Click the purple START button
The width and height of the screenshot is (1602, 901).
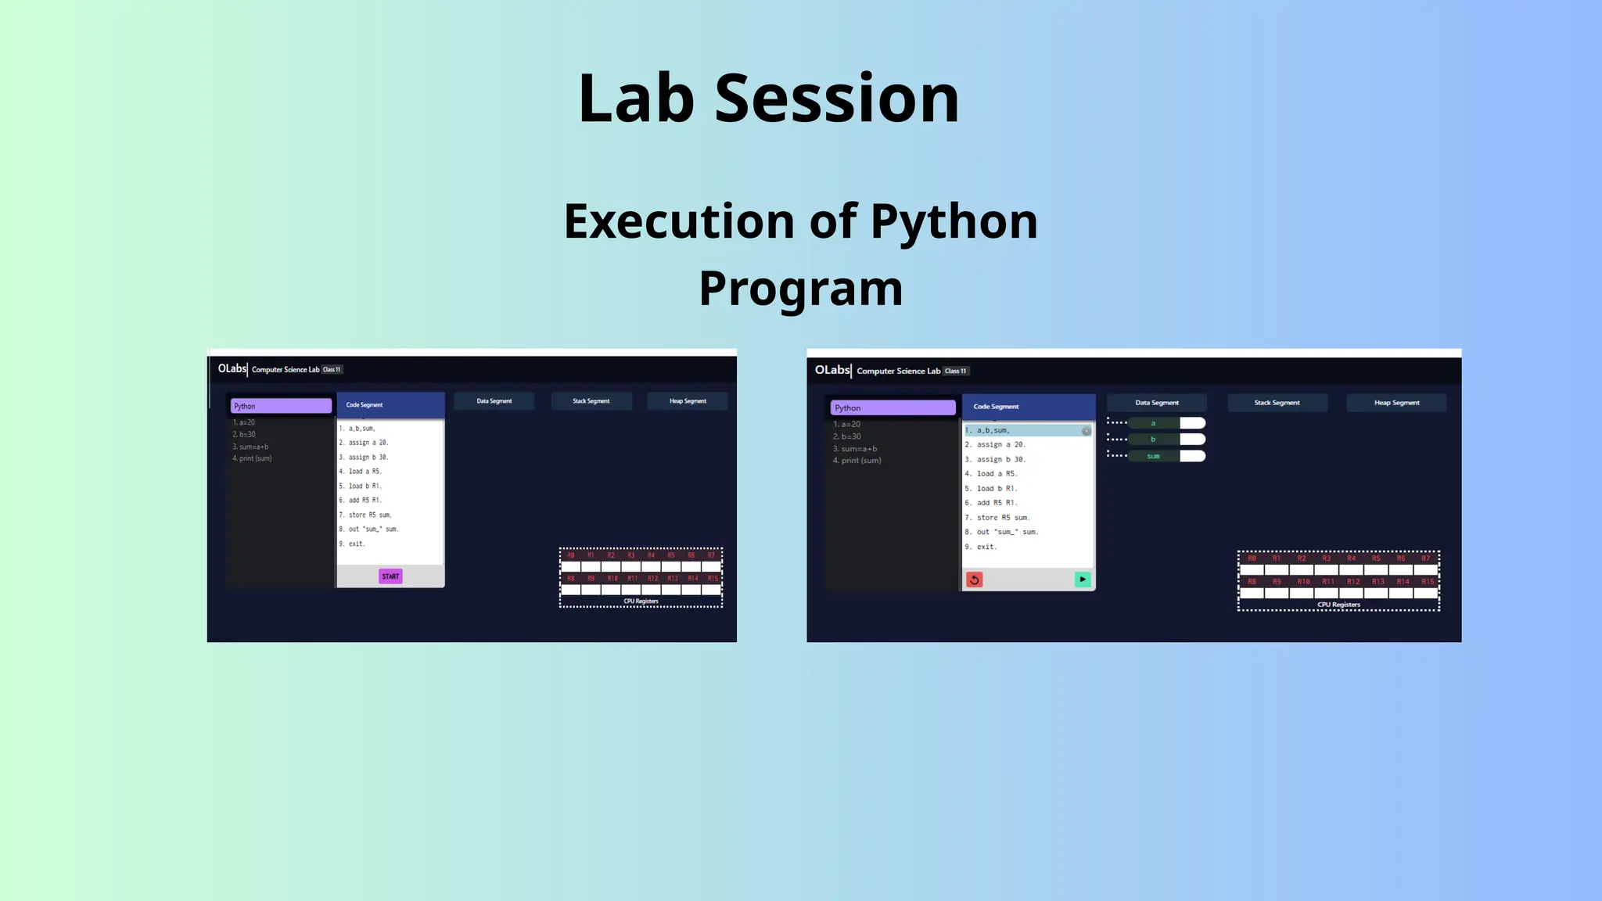(390, 576)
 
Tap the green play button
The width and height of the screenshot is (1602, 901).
(1083, 580)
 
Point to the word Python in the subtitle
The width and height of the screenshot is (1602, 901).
(954, 221)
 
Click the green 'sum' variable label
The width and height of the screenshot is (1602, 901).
(1153, 456)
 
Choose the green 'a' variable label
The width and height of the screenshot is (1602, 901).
(1153, 423)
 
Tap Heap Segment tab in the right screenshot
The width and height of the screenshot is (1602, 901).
(1396, 403)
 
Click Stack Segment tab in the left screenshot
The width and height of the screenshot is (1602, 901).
(591, 401)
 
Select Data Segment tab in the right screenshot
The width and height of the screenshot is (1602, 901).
(1156, 403)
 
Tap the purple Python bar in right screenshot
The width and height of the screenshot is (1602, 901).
(893, 407)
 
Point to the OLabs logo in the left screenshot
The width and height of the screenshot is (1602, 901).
(232, 368)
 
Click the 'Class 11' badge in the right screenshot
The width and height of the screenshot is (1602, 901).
(955, 371)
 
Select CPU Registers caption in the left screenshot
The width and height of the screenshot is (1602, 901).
(641, 601)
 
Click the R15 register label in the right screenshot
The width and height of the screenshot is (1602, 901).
(1428, 582)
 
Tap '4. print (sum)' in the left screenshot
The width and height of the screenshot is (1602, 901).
(252, 458)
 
